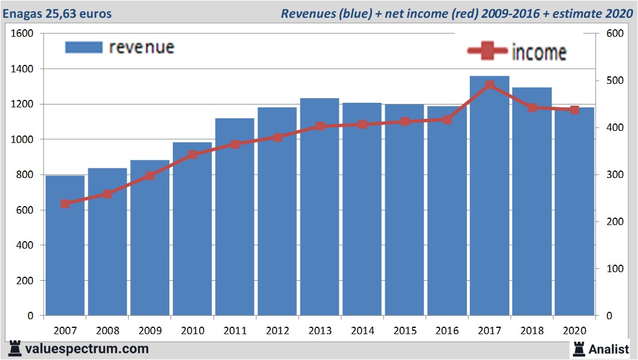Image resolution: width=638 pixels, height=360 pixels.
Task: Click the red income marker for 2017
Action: point(489,86)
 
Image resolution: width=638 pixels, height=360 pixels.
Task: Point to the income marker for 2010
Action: point(192,155)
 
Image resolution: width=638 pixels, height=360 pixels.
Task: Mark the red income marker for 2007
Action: point(65,204)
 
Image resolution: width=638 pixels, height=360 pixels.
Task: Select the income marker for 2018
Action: point(532,107)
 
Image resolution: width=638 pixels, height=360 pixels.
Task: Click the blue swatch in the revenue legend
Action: point(84,47)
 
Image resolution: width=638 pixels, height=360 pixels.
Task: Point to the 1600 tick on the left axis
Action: point(23,33)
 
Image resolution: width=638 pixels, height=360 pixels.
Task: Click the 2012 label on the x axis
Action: point(277,331)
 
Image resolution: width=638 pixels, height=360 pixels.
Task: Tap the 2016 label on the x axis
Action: point(447,331)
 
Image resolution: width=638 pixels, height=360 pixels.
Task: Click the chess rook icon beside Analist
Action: point(579,348)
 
